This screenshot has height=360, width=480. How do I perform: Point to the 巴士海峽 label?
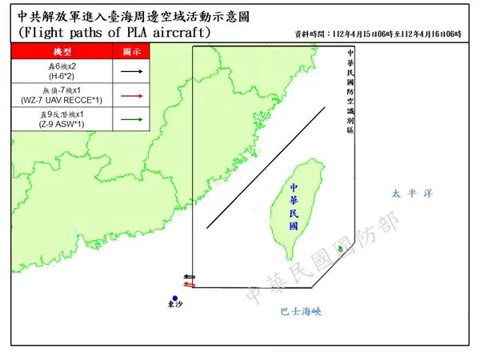pyautogui.click(x=301, y=310)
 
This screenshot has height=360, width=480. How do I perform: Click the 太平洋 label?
pyautogui.click(x=412, y=193)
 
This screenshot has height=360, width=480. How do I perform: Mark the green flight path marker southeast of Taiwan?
pyautogui.click(x=342, y=251)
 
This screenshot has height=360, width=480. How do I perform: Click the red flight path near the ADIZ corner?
pyautogui.click(x=189, y=283)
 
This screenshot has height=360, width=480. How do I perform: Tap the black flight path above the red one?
pyautogui.click(x=189, y=276)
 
